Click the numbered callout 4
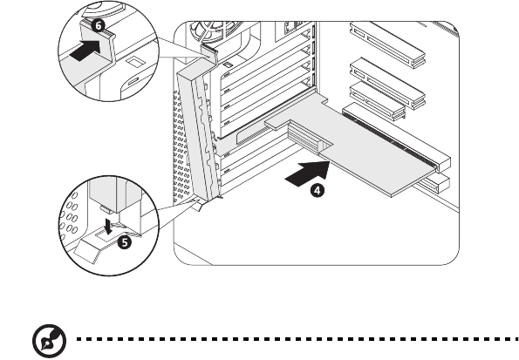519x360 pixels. click(x=318, y=191)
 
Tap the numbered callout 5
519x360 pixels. click(x=125, y=242)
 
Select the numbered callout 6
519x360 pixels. click(x=98, y=25)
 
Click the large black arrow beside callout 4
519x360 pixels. click(x=308, y=173)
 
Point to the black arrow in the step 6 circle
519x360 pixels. click(x=85, y=51)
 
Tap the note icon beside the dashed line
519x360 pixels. click(x=50, y=341)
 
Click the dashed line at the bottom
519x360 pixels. click(x=298, y=339)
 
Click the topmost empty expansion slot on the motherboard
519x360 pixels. click(x=387, y=43)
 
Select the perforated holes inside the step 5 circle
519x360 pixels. click(x=70, y=215)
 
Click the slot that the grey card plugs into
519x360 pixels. click(x=397, y=138)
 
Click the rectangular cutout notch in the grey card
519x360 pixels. click(x=325, y=146)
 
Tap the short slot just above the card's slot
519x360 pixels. click(x=378, y=101)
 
